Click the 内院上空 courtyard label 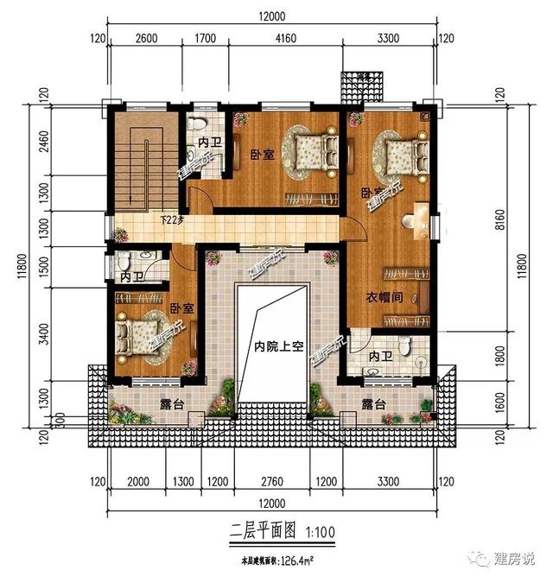(x=273, y=347)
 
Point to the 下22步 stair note (x=173, y=220)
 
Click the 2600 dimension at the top (x=147, y=38)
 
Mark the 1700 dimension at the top (x=205, y=38)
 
